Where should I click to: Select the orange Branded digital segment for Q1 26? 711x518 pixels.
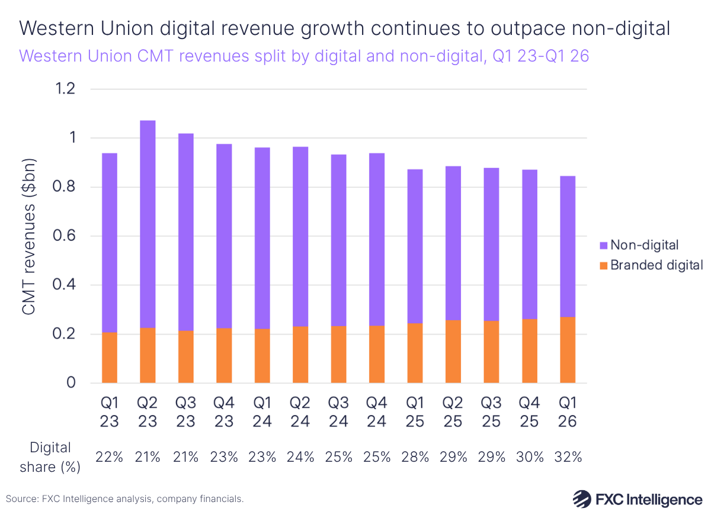tap(568, 350)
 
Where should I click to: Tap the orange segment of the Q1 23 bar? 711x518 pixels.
tap(110, 358)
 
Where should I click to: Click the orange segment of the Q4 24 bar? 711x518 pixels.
tap(377, 354)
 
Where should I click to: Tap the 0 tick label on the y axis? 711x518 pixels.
tap(71, 383)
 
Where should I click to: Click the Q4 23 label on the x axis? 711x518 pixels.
tap(224, 412)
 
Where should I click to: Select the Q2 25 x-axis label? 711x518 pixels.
tap(453, 412)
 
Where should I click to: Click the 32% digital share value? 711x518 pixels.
tap(568, 457)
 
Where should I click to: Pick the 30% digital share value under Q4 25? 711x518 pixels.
tap(530, 457)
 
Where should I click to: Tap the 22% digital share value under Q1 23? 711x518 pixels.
tap(110, 457)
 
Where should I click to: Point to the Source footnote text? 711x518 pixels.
tap(125, 499)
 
